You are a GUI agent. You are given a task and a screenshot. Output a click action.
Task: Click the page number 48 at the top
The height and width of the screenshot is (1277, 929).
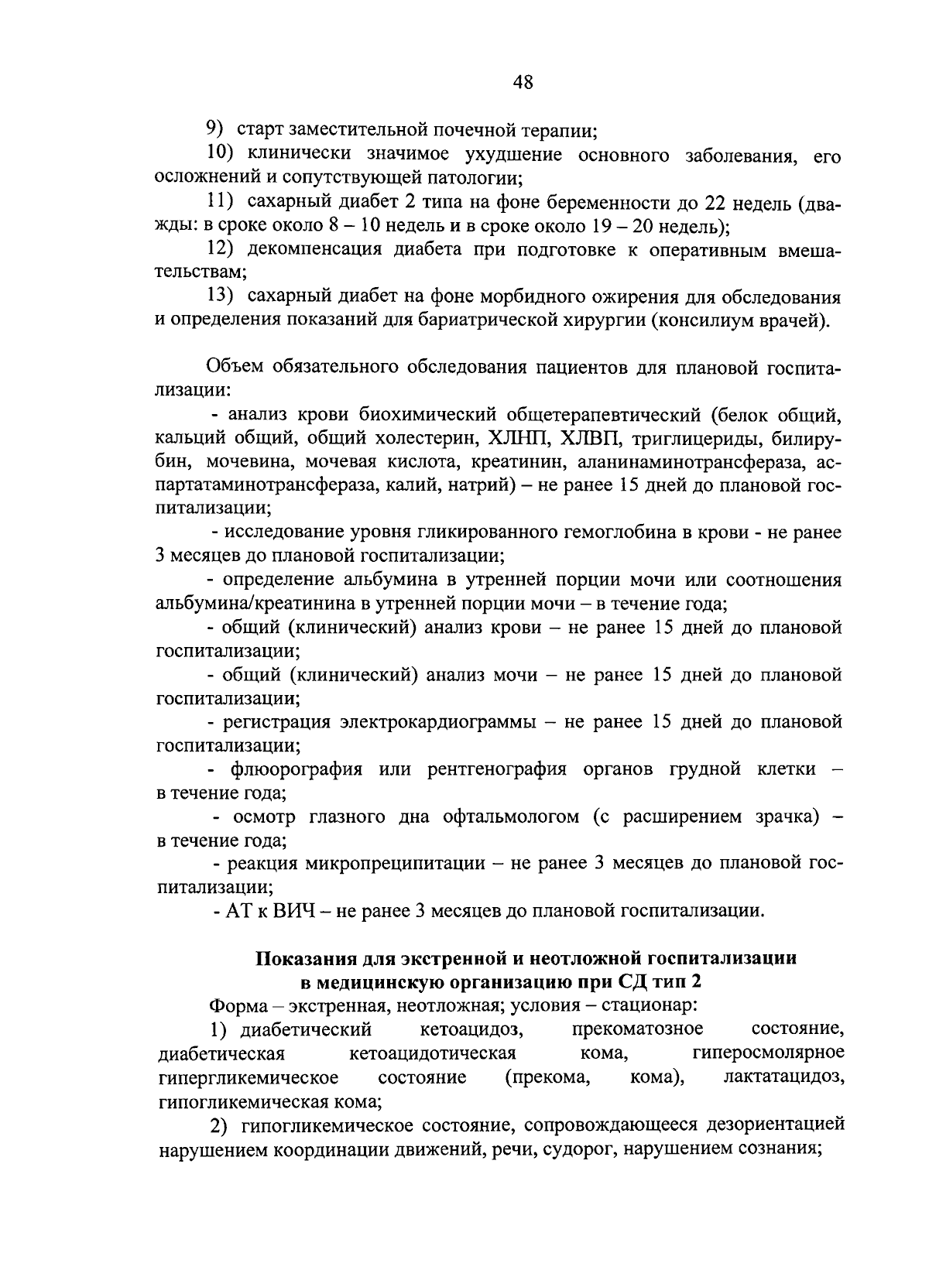click(522, 82)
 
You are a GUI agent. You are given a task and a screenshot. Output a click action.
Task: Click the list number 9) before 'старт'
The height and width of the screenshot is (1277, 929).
click(214, 128)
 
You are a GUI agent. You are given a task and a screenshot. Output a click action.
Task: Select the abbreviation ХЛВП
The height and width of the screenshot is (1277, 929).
click(591, 439)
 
